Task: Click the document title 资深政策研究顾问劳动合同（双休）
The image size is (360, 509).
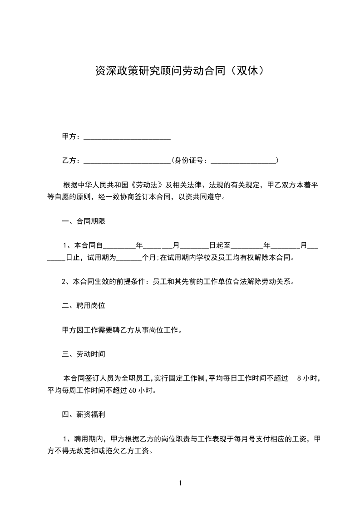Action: pyautogui.click(x=180, y=71)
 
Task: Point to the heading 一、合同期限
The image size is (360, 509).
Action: pyautogui.click(x=84, y=222)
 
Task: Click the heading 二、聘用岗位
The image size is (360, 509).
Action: pyautogui.click(x=84, y=306)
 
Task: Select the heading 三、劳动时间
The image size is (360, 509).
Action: pyautogui.click(x=84, y=354)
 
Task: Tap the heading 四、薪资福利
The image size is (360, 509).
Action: pyautogui.click(x=84, y=415)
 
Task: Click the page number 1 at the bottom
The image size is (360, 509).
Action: pyautogui.click(x=180, y=483)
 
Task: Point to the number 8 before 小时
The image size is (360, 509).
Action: pyautogui.click(x=298, y=378)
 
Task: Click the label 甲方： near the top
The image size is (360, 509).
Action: pyautogui.click(x=71, y=137)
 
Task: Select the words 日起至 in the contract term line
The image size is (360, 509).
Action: pyautogui.click(x=220, y=246)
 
